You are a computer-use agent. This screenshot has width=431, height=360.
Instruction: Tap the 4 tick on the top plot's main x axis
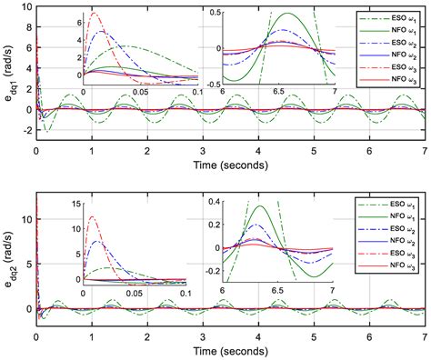(258, 148)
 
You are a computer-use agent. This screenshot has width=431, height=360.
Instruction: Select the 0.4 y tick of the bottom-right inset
(212, 200)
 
